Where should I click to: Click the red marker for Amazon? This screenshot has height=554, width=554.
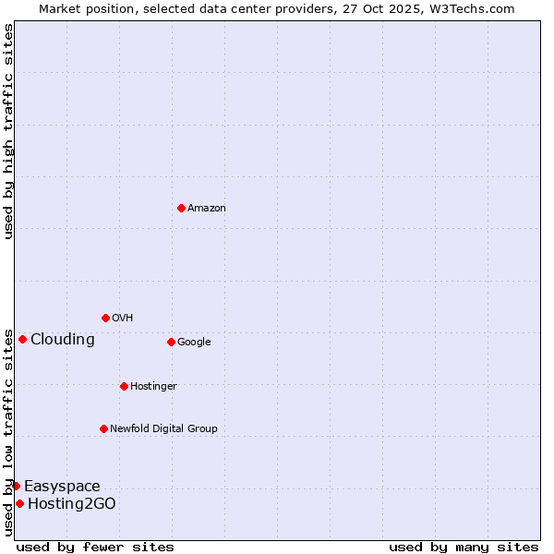(x=181, y=208)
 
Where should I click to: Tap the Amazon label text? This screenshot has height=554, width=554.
(x=207, y=209)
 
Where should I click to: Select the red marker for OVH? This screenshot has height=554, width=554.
(x=105, y=318)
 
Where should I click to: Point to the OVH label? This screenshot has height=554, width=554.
(x=123, y=319)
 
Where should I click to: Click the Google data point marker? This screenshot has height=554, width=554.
(x=171, y=342)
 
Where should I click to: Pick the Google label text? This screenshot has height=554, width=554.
(x=194, y=343)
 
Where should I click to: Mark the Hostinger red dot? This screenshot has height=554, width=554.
(x=124, y=386)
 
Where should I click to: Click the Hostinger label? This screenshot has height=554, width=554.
(x=153, y=387)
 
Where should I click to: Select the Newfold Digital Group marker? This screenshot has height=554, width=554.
(x=103, y=428)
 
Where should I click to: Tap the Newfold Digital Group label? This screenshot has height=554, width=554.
(x=163, y=429)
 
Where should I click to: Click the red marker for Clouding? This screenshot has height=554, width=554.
(x=22, y=339)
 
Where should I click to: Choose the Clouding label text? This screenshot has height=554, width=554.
(x=63, y=340)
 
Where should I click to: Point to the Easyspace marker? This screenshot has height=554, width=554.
(x=16, y=486)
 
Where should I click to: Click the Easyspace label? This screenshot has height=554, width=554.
(x=62, y=487)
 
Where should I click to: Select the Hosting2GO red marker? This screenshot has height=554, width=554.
(x=19, y=503)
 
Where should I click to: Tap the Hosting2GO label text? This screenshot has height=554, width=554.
(x=72, y=504)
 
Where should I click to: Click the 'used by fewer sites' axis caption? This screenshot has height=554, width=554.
(x=95, y=547)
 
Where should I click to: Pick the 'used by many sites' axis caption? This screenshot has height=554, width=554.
(x=464, y=547)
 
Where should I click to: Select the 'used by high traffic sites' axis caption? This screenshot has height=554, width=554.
(x=8, y=131)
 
